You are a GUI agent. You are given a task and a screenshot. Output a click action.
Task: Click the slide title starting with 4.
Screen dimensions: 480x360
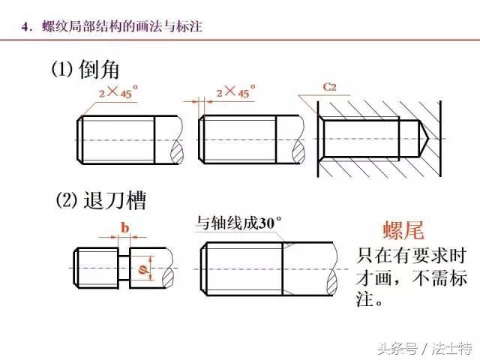coord(112,26)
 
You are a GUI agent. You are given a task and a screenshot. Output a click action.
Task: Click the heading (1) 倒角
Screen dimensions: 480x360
coord(85,69)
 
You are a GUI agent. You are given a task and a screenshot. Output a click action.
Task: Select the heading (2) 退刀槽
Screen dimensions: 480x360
coord(100,200)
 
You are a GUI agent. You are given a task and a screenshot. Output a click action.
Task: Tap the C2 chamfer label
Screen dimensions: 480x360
coord(329,87)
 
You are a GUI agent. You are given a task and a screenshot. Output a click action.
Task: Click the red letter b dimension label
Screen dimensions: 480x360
coord(124,228)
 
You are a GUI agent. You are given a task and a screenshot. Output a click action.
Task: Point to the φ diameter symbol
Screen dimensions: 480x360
coord(142,269)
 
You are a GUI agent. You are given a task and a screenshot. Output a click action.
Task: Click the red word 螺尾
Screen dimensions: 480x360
coord(403,230)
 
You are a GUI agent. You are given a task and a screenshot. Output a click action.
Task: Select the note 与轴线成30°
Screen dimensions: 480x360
coord(238,223)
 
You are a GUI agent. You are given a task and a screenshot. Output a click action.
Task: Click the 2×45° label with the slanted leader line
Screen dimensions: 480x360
coord(118,91)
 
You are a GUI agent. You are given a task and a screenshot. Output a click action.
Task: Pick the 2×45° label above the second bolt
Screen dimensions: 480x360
coord(236,91)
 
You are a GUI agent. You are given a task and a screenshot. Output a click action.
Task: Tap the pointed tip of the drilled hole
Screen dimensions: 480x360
coord(427,139)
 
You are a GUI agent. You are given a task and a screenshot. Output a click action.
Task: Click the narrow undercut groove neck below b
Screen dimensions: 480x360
coord(124,268)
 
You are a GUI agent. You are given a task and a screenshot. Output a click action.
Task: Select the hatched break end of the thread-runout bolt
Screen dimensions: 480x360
coord(333,282)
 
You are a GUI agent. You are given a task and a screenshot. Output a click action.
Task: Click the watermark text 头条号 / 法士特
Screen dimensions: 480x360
coord(425,348)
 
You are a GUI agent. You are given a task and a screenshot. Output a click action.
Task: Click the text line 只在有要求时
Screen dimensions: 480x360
coord(411,256)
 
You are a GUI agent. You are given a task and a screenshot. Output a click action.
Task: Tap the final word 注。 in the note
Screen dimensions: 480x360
coord(369,299)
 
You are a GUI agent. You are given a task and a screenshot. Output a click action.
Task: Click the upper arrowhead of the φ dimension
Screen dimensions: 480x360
coord(150,259)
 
